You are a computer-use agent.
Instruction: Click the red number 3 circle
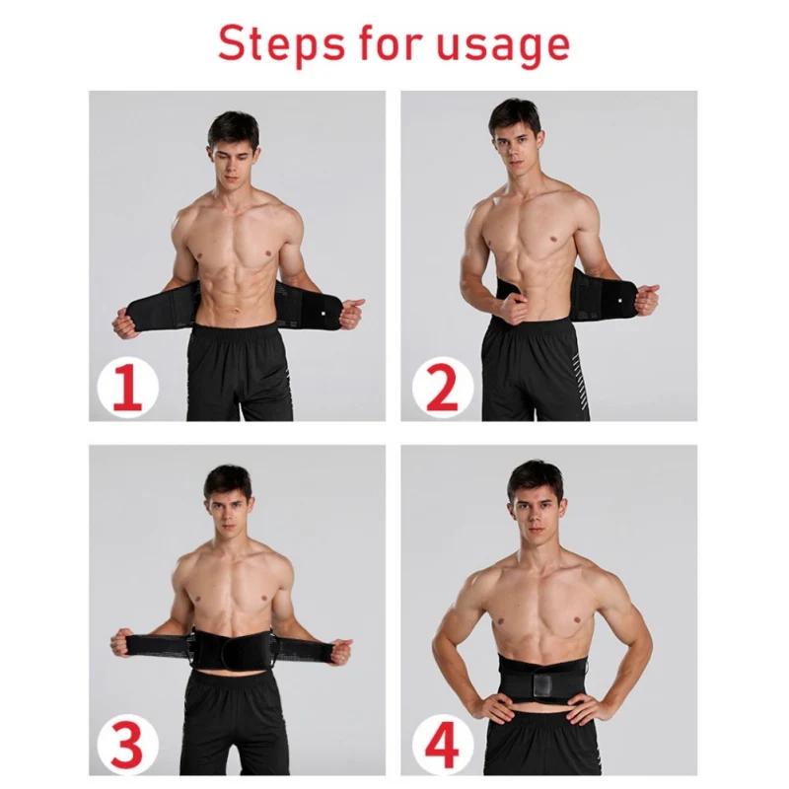tap(127, 742)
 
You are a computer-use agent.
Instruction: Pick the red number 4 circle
tap(442, 742)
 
